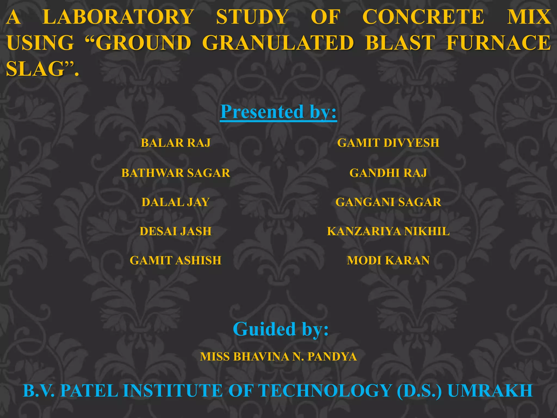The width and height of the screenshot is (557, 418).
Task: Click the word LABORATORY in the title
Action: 118,17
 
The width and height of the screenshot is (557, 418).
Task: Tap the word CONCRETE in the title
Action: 423,17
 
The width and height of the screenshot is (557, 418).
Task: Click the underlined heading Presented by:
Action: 278,112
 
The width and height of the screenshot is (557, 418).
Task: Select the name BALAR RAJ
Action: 176,143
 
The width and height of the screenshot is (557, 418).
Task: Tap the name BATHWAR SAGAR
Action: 176,173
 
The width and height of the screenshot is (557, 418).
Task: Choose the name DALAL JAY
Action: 176,202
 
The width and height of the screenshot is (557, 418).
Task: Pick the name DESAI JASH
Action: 176,231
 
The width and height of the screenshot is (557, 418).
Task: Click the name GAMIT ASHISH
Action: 176,260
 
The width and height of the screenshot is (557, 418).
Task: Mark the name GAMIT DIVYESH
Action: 388,143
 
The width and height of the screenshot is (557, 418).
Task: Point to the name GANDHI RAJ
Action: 388,173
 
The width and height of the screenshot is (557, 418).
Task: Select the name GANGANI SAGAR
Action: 388,202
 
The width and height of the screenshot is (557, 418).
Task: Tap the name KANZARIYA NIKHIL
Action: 388,231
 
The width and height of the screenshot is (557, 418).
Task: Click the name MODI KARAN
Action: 388,260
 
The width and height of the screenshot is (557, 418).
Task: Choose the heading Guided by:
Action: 281,329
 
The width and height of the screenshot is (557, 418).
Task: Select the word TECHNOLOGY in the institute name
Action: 325,391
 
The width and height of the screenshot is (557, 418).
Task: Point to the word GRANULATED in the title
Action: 278,43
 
